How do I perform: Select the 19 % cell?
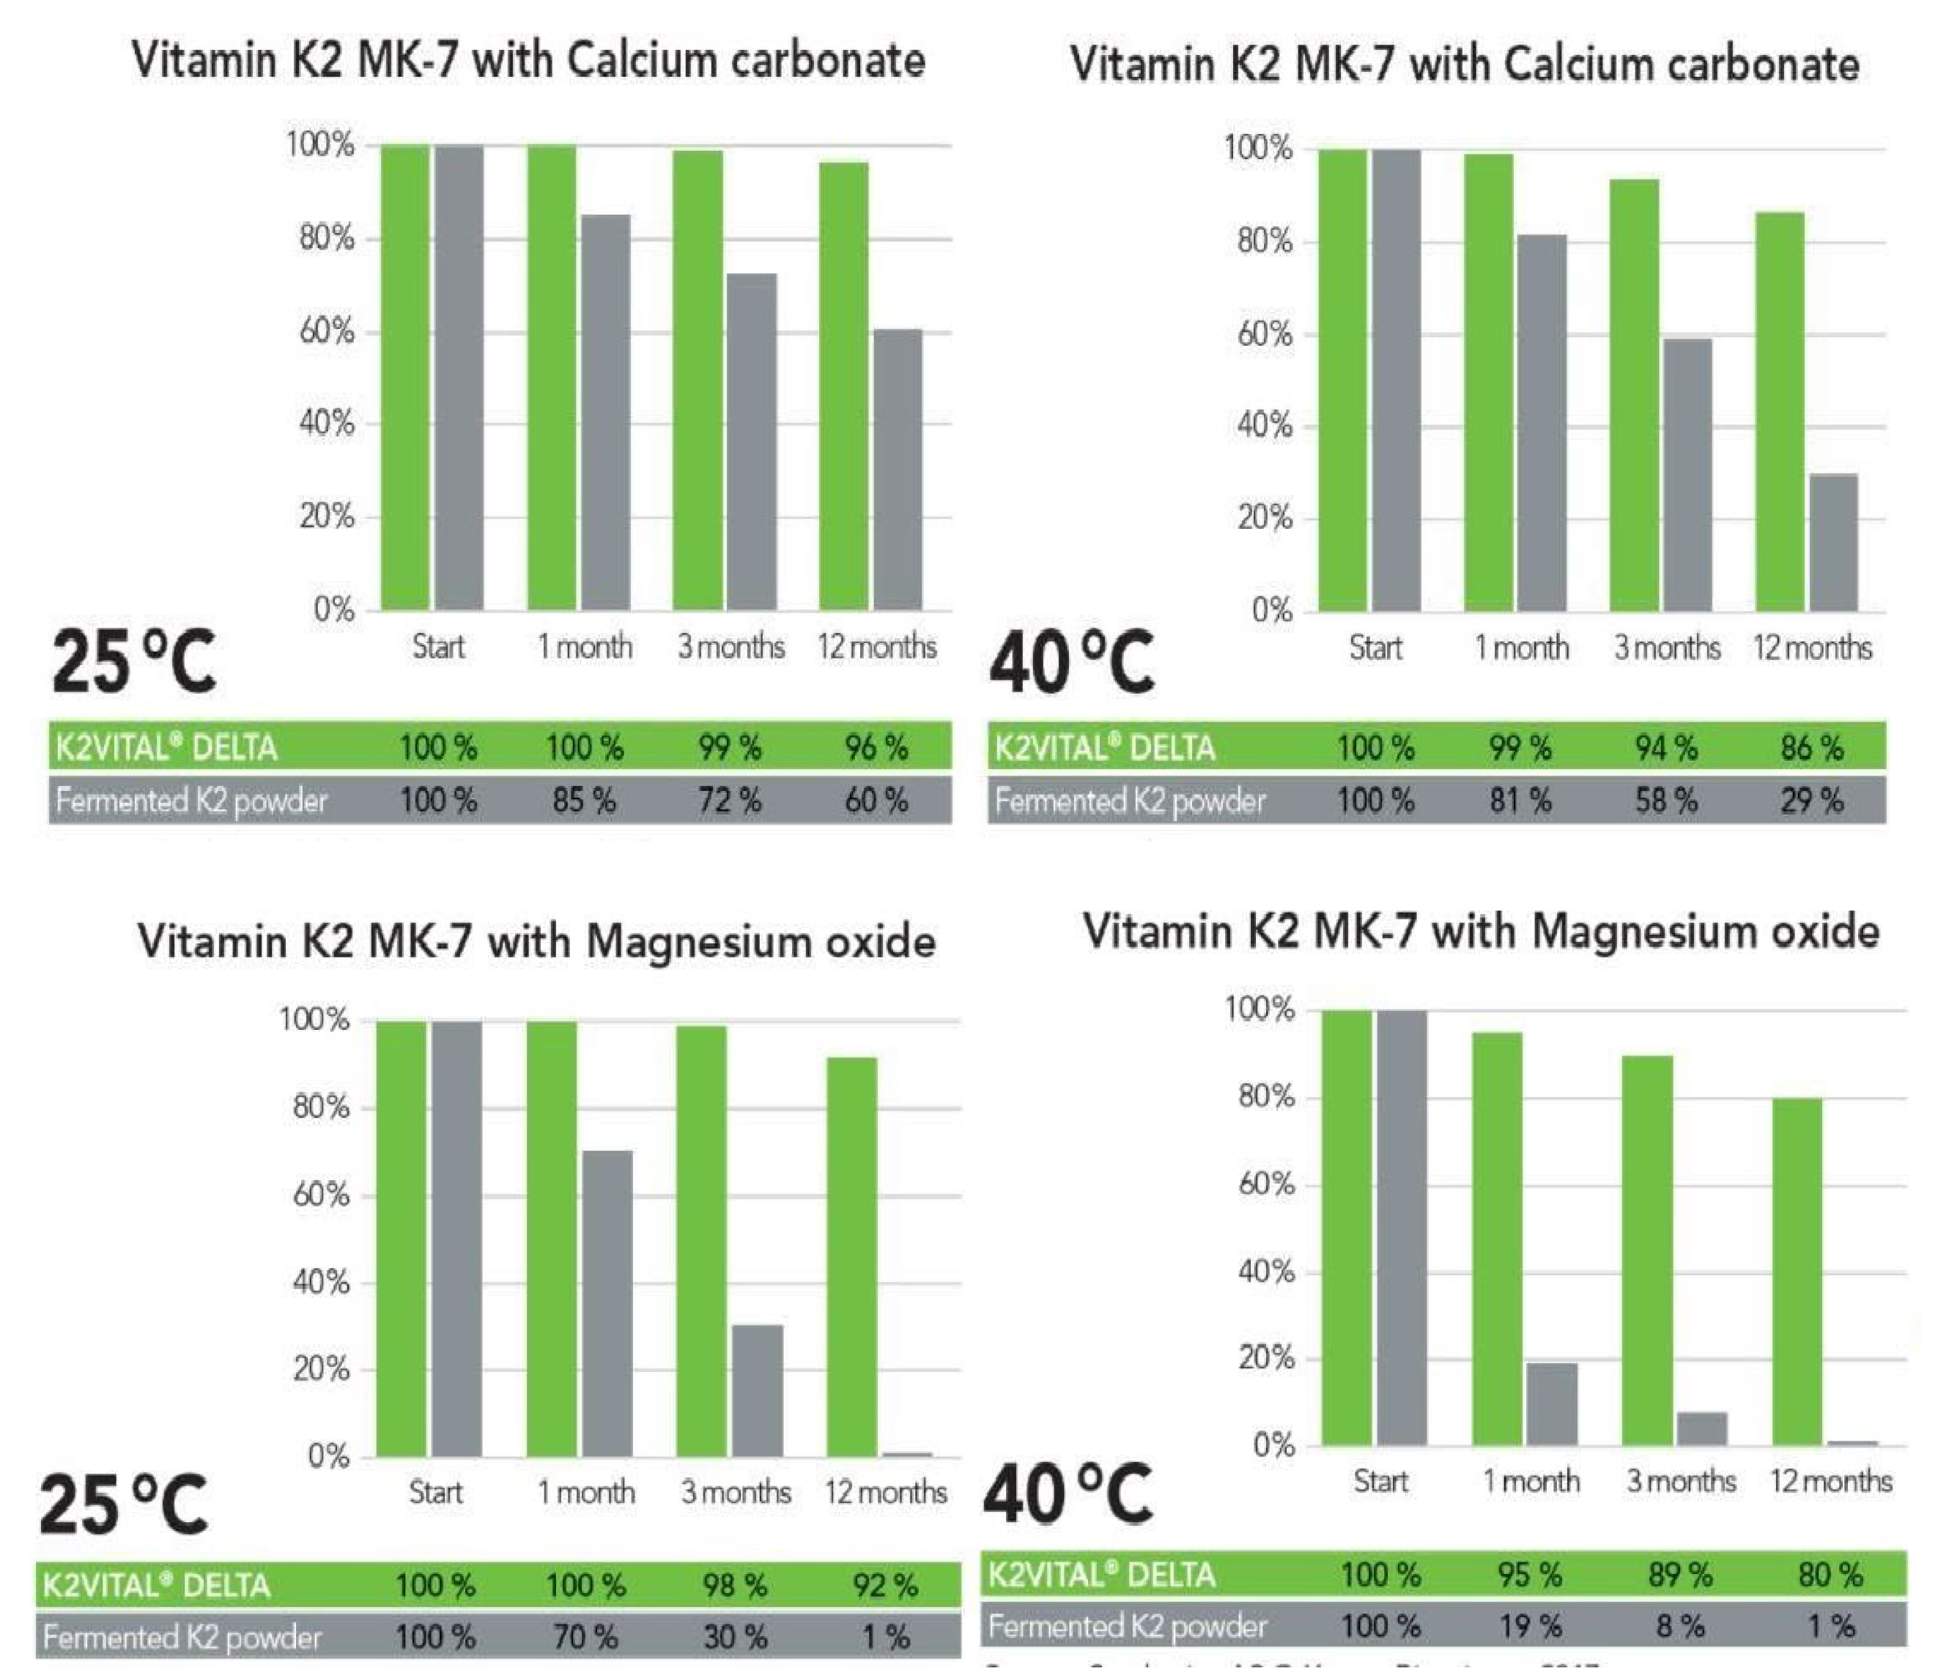pos(1529,1626)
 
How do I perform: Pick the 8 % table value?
pos(1680,1626)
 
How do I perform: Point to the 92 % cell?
pos(885,1585)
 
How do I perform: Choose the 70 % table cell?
pos(585,1637)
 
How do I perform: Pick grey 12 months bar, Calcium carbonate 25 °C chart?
pos(898,470)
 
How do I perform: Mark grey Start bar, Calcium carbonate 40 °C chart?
pos(1397,380)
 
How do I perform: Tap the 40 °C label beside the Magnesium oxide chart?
pos(1068,1494)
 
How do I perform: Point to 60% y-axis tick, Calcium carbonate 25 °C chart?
pos(326,332)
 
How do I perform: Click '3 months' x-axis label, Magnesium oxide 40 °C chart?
pos(1681,1481)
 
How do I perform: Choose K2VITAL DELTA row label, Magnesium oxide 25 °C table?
pos(156,1585)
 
